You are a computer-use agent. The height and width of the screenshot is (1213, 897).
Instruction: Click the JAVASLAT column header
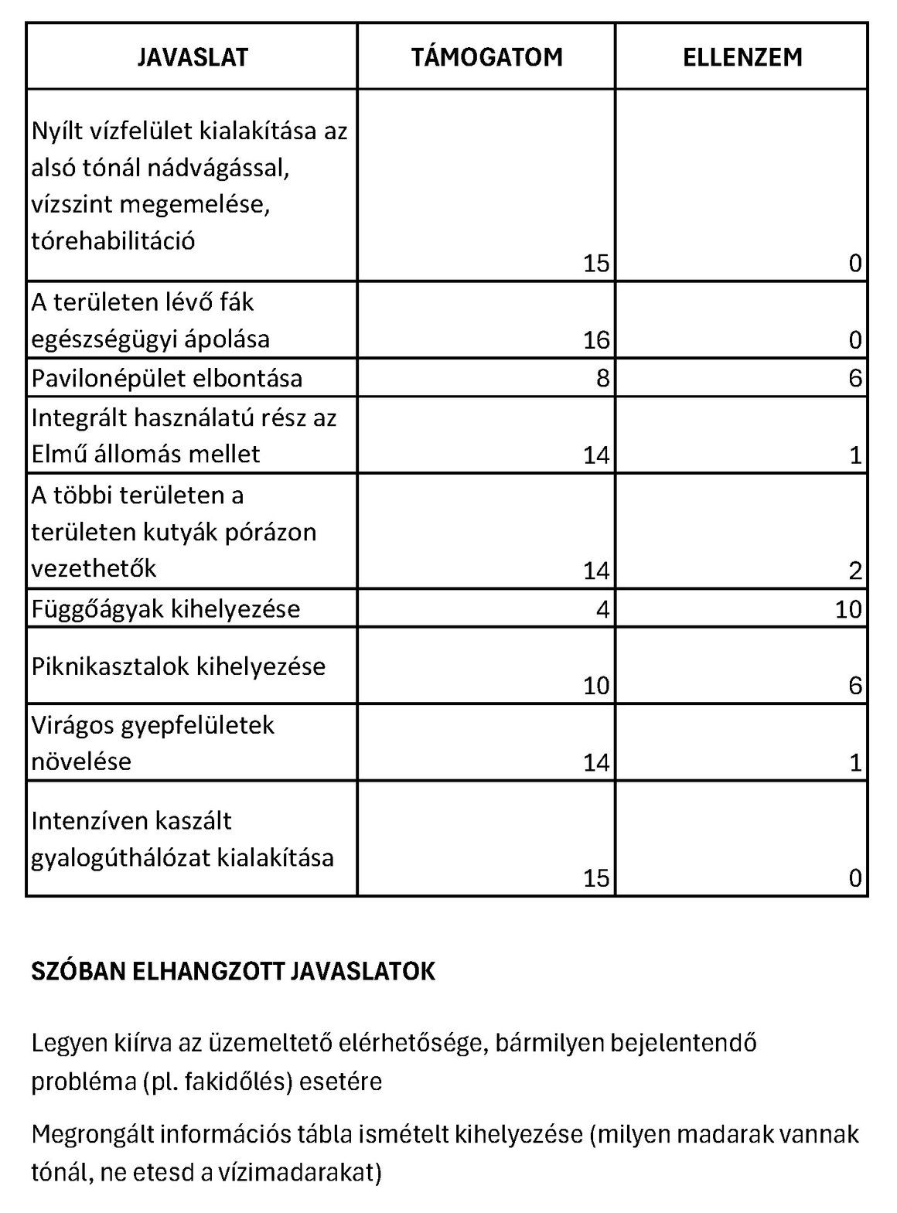click(x=193, y=57)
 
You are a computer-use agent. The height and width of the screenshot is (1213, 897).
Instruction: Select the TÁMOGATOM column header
click(x=486, y=57)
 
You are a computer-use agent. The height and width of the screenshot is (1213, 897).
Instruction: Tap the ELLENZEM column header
click(x=742, y=57)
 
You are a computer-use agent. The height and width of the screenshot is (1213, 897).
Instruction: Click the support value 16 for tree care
click(x=596, y=340)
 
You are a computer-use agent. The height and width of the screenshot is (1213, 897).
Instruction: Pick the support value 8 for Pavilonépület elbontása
click(x=603, y=378)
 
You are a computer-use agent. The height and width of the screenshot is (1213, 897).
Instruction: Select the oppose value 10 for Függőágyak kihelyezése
click(x=848, y=609)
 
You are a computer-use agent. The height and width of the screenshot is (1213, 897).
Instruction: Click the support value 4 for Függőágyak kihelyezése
click(x=603, y=609)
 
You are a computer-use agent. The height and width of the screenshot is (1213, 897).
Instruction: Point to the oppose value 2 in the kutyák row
click(x=854, y=571)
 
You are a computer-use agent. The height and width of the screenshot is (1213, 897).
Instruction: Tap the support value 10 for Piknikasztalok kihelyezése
click(x=596, y=686)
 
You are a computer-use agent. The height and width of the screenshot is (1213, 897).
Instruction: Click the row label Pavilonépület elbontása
click(x=167, y=378)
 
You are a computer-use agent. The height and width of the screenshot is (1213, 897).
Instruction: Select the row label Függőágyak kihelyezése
click(x=165, y=608)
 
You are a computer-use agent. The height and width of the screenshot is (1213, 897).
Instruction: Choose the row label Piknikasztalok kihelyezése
click(x=179, y=666)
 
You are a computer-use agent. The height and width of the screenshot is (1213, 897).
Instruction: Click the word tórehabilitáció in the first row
click(x=113, y=241)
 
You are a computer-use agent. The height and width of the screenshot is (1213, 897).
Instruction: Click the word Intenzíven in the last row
click(x=88, y=820)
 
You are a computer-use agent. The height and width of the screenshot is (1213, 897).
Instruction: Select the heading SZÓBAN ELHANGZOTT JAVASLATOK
click(x=233, y=972)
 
